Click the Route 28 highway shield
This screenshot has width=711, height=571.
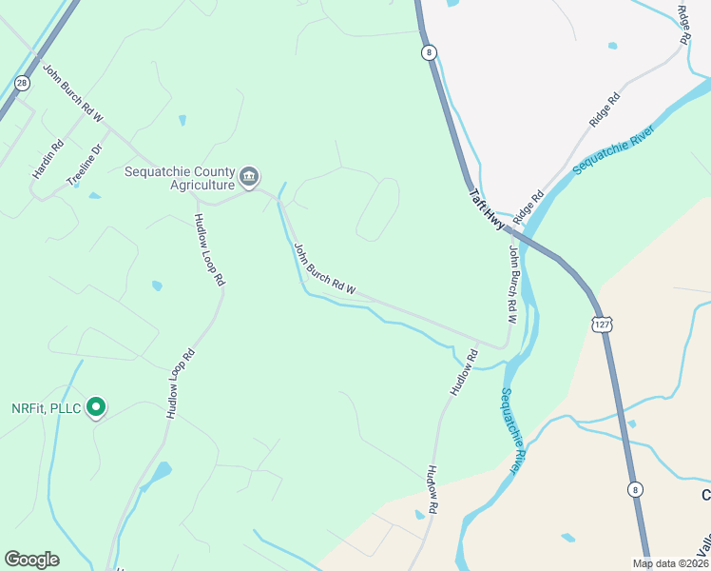coord(21,84)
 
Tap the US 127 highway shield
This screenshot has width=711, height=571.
coord(600,325)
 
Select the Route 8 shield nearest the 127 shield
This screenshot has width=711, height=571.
coord(634,489)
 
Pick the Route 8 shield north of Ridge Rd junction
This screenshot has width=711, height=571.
coord(430,52)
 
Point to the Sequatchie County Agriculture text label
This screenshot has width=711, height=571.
coord(180,178)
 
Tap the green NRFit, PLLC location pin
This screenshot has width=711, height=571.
coord(95,407)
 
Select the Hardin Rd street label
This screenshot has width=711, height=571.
coord(47,159)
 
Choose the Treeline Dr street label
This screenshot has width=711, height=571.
coord(84,163)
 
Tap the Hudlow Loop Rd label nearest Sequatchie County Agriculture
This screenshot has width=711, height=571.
coord(209,249)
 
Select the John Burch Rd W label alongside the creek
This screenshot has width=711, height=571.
coord(324,269)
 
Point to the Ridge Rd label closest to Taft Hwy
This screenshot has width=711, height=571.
coord(528,203)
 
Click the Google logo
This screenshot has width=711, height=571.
coord(31,560)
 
